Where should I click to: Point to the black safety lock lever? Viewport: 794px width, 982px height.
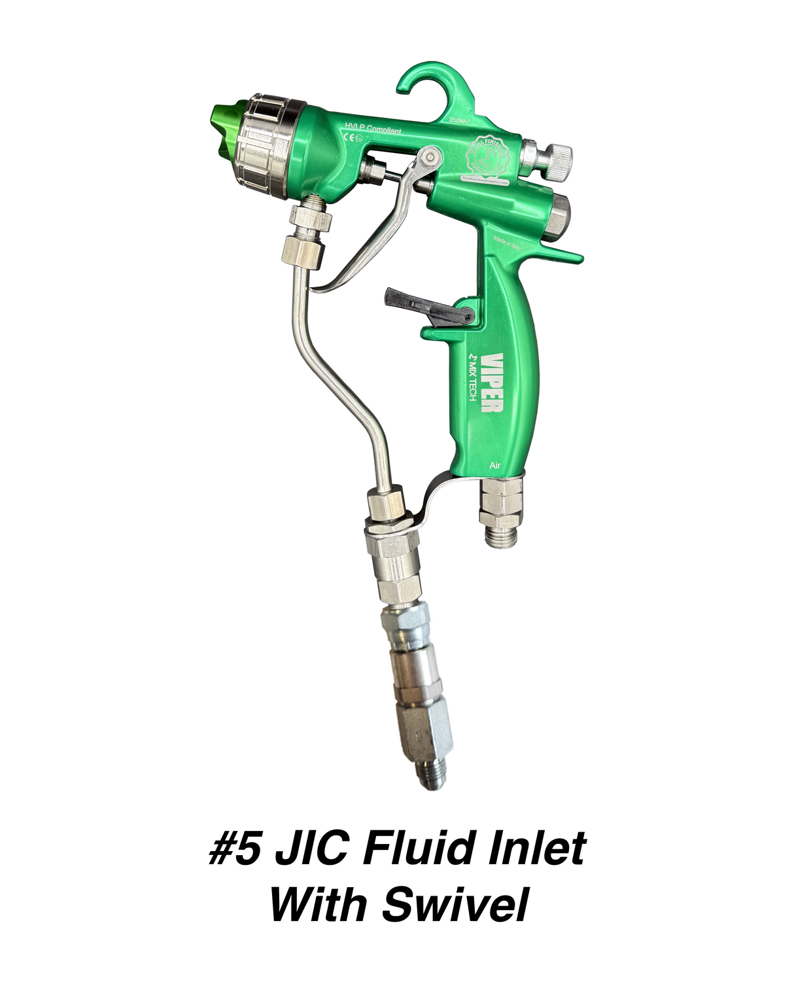point(425,305)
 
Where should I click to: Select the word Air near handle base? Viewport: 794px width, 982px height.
point(495,465)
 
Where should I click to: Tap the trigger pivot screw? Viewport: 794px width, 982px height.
point(428,158)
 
